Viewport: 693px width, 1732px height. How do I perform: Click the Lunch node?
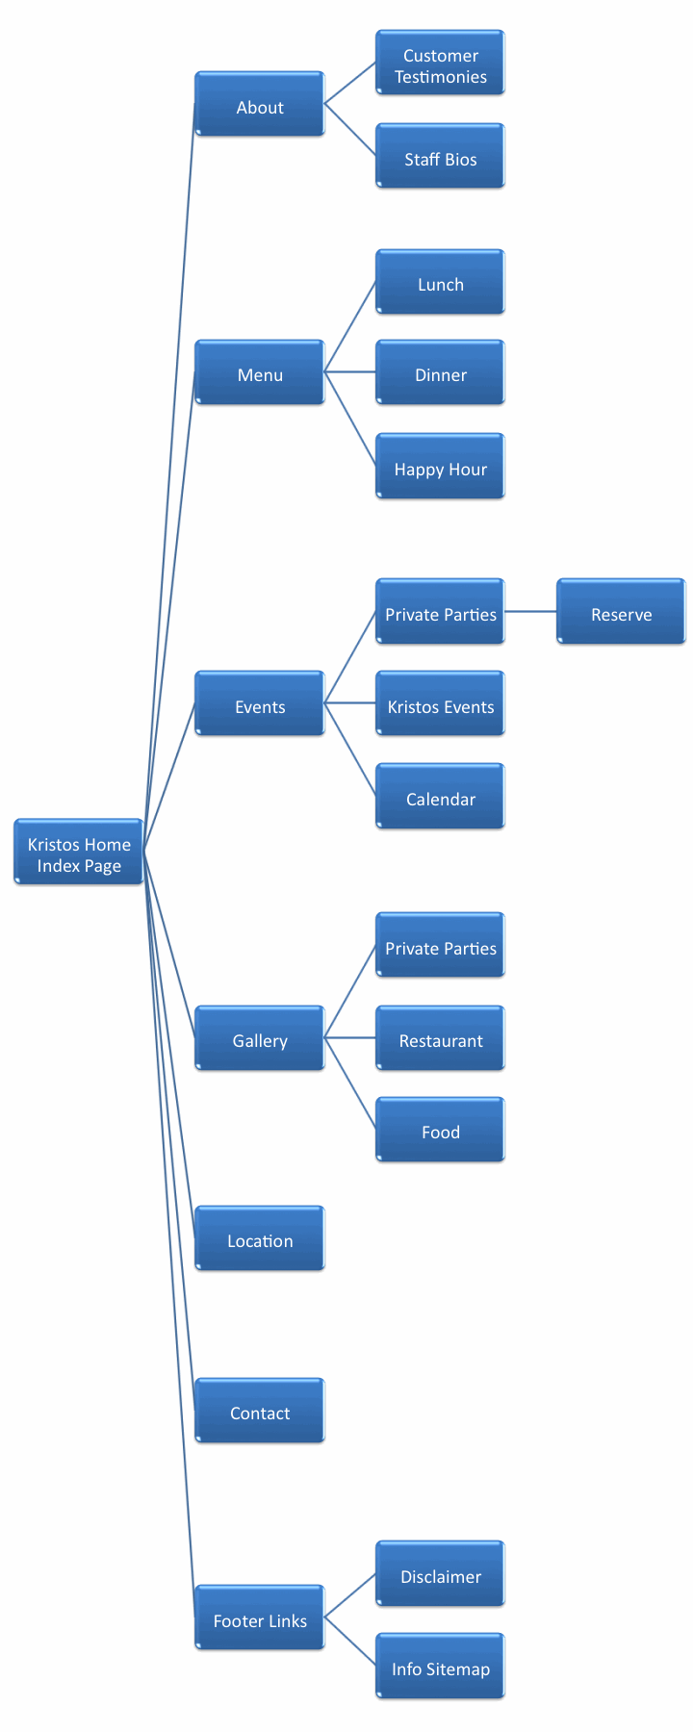440,283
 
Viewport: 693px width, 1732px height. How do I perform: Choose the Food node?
440,1131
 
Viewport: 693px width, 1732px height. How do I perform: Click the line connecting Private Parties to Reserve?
530,611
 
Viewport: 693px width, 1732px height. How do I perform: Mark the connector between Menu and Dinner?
350,371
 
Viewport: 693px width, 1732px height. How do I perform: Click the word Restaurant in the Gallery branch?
441,1041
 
